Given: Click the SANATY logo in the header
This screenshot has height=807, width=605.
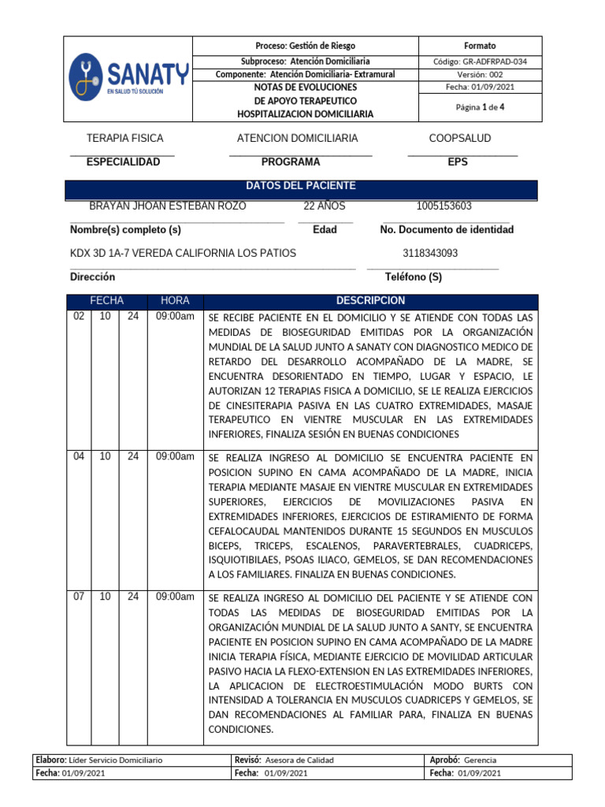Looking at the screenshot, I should click(128, 76).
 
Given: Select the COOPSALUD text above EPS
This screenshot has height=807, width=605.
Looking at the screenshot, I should click(459, 139).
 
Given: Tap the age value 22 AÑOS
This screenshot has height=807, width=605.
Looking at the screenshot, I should click(324, 206).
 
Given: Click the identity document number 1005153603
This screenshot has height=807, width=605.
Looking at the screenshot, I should click(444, 206).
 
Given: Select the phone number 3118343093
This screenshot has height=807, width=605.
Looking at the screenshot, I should click(429, 253).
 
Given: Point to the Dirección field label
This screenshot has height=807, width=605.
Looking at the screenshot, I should click(92, 277).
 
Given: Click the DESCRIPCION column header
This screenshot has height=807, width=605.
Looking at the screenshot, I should click(370, 301).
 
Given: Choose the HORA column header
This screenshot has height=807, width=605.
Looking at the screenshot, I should click(175, 301).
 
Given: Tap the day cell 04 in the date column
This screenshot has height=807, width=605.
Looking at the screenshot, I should click(79, 456).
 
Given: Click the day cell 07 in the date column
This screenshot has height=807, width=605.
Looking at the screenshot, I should click(79, 597).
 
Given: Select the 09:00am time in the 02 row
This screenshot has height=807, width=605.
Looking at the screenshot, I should click(175, 316).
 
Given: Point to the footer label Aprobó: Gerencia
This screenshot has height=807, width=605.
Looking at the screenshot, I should click(463, 760).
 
